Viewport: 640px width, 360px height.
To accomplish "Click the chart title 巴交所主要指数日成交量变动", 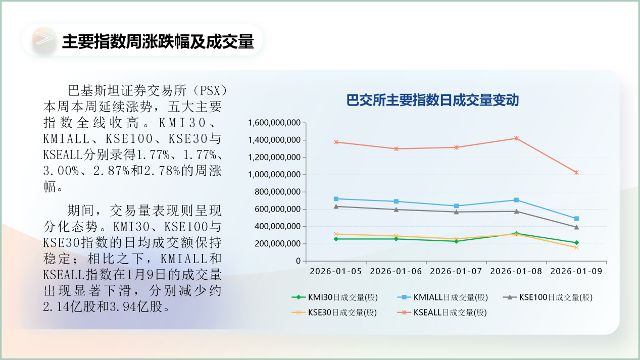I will (x=432, y=100).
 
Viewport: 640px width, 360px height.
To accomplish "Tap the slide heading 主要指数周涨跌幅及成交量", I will (x=158, y=42).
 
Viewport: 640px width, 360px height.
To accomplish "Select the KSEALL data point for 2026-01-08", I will (x=516, y=138).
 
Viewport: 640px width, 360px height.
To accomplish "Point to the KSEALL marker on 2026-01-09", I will (x=576, y=173).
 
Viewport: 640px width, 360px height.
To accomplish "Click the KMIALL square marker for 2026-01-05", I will (x=336, y=199).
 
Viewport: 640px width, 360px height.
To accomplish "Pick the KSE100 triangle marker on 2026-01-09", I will (x=576, y=227).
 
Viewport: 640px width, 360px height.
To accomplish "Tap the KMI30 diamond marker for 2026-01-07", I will (x=456, y=241).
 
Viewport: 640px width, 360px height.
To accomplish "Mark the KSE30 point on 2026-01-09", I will (x=576, y=247).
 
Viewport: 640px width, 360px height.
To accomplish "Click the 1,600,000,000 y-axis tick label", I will (x=274, y=123).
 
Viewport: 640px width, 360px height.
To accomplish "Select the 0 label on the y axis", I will (x=298, y=261).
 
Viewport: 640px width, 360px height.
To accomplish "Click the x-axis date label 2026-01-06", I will (x=396, y=271).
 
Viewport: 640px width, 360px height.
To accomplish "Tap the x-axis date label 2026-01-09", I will (x=576, y=271).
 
